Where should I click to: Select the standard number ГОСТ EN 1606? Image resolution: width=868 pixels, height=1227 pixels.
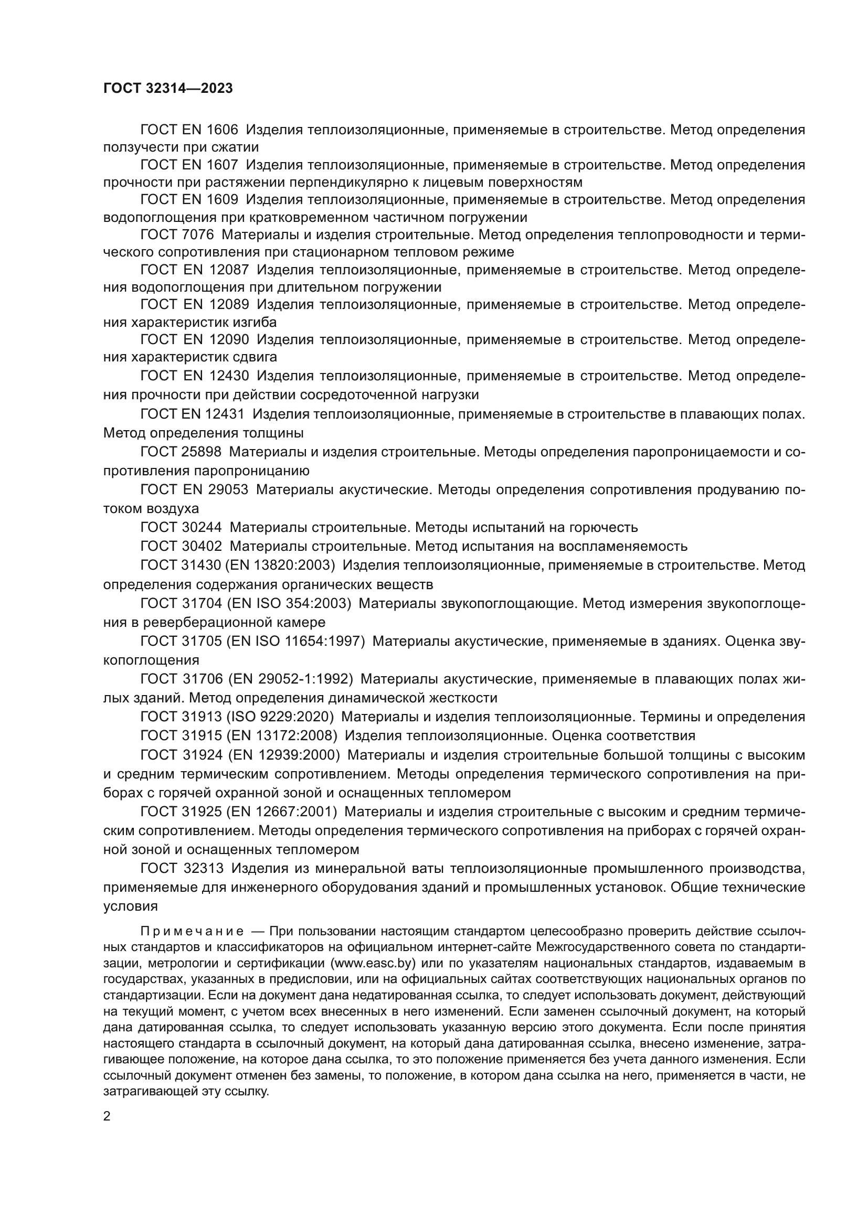189,130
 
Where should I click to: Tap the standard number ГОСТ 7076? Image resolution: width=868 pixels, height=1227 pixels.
177,234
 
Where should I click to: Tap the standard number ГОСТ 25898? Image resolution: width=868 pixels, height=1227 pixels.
181,452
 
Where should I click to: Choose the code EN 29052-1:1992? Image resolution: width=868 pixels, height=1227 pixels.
290,679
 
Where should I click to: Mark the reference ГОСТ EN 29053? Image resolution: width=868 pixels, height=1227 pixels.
194,489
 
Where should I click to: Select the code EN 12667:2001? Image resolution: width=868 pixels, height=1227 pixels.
282,812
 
